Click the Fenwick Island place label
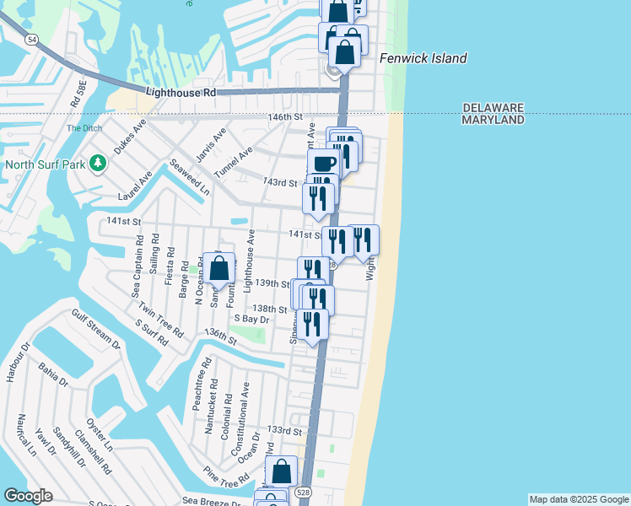tap(423, 58)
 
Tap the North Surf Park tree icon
tap(99, 162)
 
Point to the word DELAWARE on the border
tap(493, 108)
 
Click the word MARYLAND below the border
tap(493, 120)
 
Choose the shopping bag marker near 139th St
tap(218, 269)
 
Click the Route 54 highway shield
tap(31, 39)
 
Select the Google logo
tap(28, 495)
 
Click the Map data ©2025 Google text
tap(579, 499)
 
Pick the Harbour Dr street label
tap(13, 363)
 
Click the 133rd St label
tap(283, 430)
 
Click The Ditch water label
tap(83, 128)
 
